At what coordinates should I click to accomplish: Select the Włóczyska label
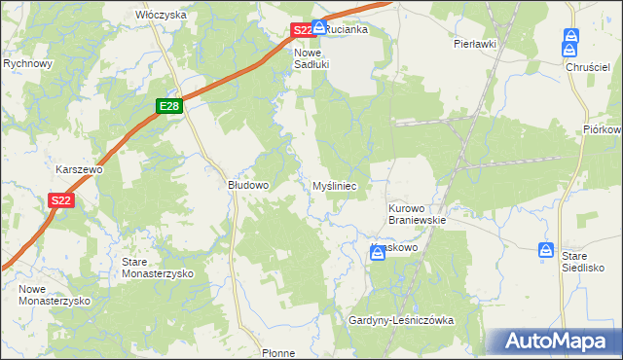tap(161, 16)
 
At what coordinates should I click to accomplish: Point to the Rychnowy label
tap(27, 63)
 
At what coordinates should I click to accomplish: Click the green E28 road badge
tap(167, 105)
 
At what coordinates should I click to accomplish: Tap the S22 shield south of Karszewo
tap(60, 200)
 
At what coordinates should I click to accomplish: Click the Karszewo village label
tap(79, 168)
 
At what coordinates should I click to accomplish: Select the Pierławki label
tap(475, 44)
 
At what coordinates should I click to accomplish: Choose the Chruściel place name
tap(586, 67)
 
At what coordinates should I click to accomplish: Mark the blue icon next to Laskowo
tap(378, 253)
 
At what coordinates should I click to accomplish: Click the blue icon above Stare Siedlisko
tap(547, 250)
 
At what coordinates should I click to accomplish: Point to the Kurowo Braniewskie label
tap(417, 214)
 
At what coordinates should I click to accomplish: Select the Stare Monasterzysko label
tap(158, 269)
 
